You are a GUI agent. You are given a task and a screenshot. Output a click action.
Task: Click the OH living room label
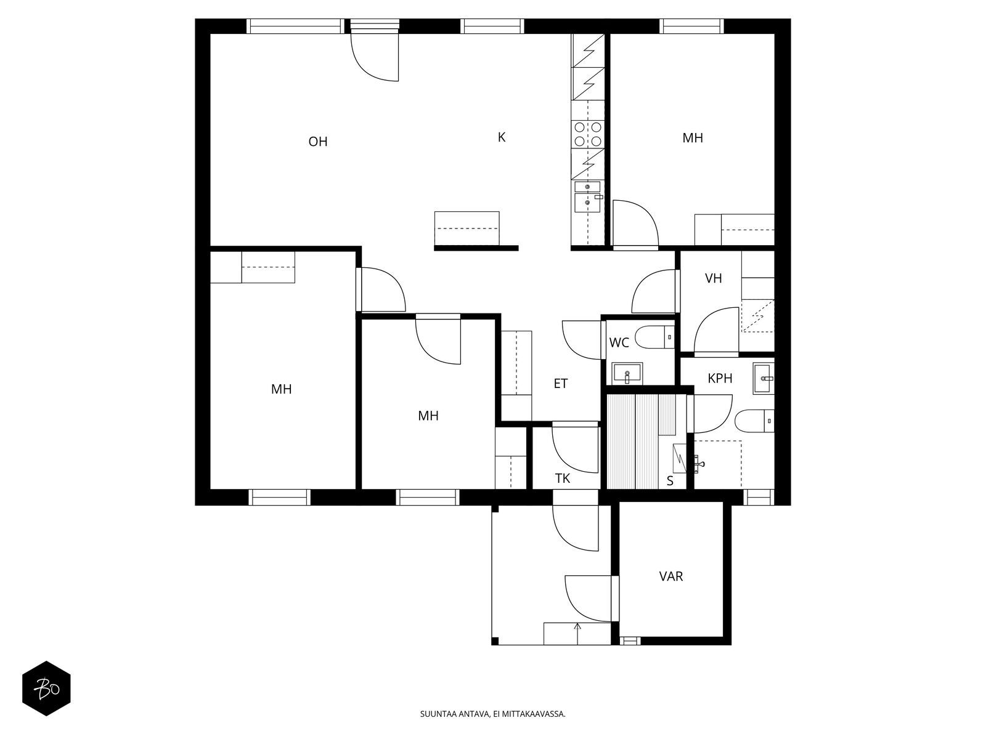coord(317,142)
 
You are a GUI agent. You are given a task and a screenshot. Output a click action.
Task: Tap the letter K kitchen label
coord(501,137)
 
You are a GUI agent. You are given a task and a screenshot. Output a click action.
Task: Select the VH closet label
coord(713,278)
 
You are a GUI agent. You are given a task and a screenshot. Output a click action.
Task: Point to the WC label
coord(619,343)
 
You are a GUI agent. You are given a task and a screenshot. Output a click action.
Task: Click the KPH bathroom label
coord(720,379)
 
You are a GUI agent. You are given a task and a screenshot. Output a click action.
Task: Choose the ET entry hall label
coord(560,384)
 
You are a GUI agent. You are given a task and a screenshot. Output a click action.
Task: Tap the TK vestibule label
coord(562,479)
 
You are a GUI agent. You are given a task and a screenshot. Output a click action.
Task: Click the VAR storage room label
coord(670,576)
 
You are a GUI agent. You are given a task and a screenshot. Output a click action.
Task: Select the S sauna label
coord(670,481)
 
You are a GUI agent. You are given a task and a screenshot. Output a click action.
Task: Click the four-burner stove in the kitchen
coord(587,134)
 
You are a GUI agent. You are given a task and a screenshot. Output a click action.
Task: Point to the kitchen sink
coord(587,197)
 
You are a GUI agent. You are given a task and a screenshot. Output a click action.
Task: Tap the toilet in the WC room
coord(656,337)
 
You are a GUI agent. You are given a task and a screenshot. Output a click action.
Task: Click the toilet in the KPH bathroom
coord(754,421)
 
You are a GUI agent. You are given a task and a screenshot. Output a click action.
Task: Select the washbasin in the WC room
coord(627,373)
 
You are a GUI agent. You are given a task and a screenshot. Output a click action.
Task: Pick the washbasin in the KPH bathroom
coord(763,378)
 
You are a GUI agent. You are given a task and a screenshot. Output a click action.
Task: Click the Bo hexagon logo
coord(47,689)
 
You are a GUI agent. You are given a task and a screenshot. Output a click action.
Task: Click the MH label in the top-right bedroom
coord(692,138)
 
